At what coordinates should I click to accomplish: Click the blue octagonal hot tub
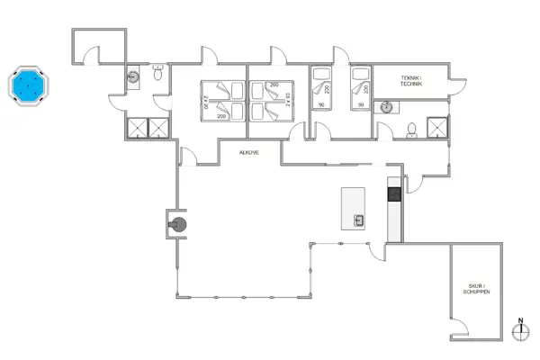[x=31, y=86]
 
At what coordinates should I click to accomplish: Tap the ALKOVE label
[x=249, y=153]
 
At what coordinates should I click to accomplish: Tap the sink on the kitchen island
[x=359, y=219]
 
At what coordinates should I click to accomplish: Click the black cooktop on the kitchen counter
[x=393, y=193]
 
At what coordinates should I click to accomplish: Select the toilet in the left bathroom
[x=157, y=76]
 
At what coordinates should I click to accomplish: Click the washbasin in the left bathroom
[x=132, y=77]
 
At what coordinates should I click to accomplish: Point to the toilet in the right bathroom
[x=411, y=130]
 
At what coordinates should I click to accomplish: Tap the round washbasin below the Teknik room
[x=389, y=106]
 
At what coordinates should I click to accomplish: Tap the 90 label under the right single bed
[x=360, y=105]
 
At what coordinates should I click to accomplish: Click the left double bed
[x=221, y=99]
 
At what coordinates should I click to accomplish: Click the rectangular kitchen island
[x=355, y=208]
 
